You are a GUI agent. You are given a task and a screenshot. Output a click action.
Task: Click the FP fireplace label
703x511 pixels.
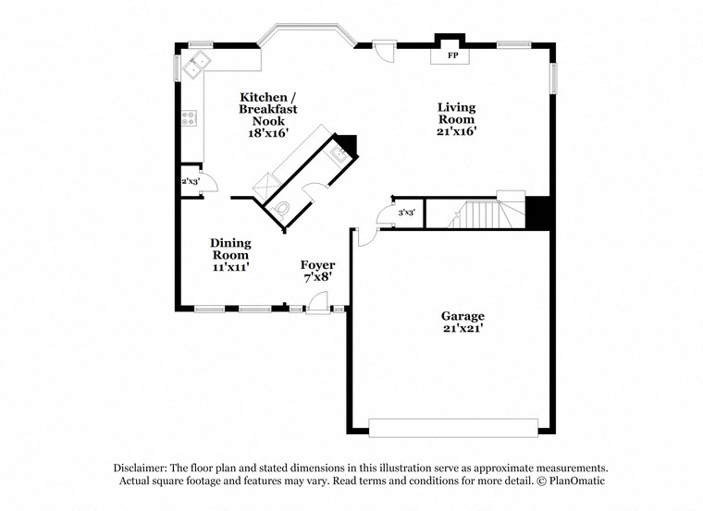tap(453, 56)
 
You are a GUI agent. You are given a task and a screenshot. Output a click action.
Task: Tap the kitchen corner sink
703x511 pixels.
tap(196, 65)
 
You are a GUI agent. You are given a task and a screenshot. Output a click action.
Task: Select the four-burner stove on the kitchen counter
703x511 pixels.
tap(189, 118)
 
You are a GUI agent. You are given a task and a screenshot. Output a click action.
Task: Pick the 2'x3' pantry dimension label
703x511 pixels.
tap(190, 181)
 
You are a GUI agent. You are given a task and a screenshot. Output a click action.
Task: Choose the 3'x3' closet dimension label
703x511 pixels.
tap(406, 213)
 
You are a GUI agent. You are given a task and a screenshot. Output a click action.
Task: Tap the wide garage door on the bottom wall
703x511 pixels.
tap(453, 427)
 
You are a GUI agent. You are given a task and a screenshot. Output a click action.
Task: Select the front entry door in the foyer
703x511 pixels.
tap(317, 303)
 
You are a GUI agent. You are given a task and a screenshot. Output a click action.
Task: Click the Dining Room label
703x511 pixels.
tap(230, 249)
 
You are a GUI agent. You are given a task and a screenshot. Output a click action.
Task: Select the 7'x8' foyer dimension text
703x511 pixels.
tap(316, 276)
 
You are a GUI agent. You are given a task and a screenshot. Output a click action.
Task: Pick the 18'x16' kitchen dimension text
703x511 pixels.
tap(268, 133)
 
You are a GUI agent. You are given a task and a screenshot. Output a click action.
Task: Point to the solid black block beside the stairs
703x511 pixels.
tap(538, 213)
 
